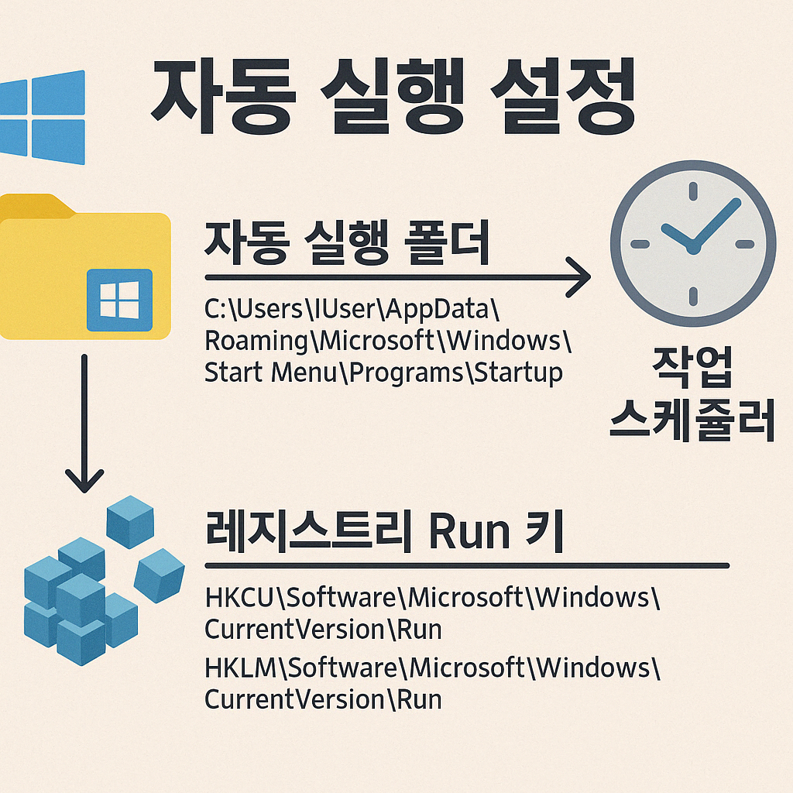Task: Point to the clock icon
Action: pyautogui.click(x=692, y=243)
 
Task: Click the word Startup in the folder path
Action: pyautogui.click(x=518, y=372)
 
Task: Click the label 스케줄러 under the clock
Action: pyautogui.click(x=692, y=422)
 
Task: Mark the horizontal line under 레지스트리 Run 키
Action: pyautogui.click(x=465, y=566)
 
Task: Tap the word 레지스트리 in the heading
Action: pyautogui.click(x=310, y=532)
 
